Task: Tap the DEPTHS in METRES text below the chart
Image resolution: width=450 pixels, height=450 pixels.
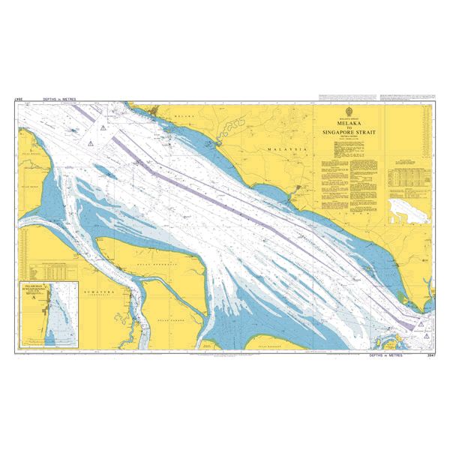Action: tap(386, 355)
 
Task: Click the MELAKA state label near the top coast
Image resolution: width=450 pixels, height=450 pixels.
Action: tap(184, 117)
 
